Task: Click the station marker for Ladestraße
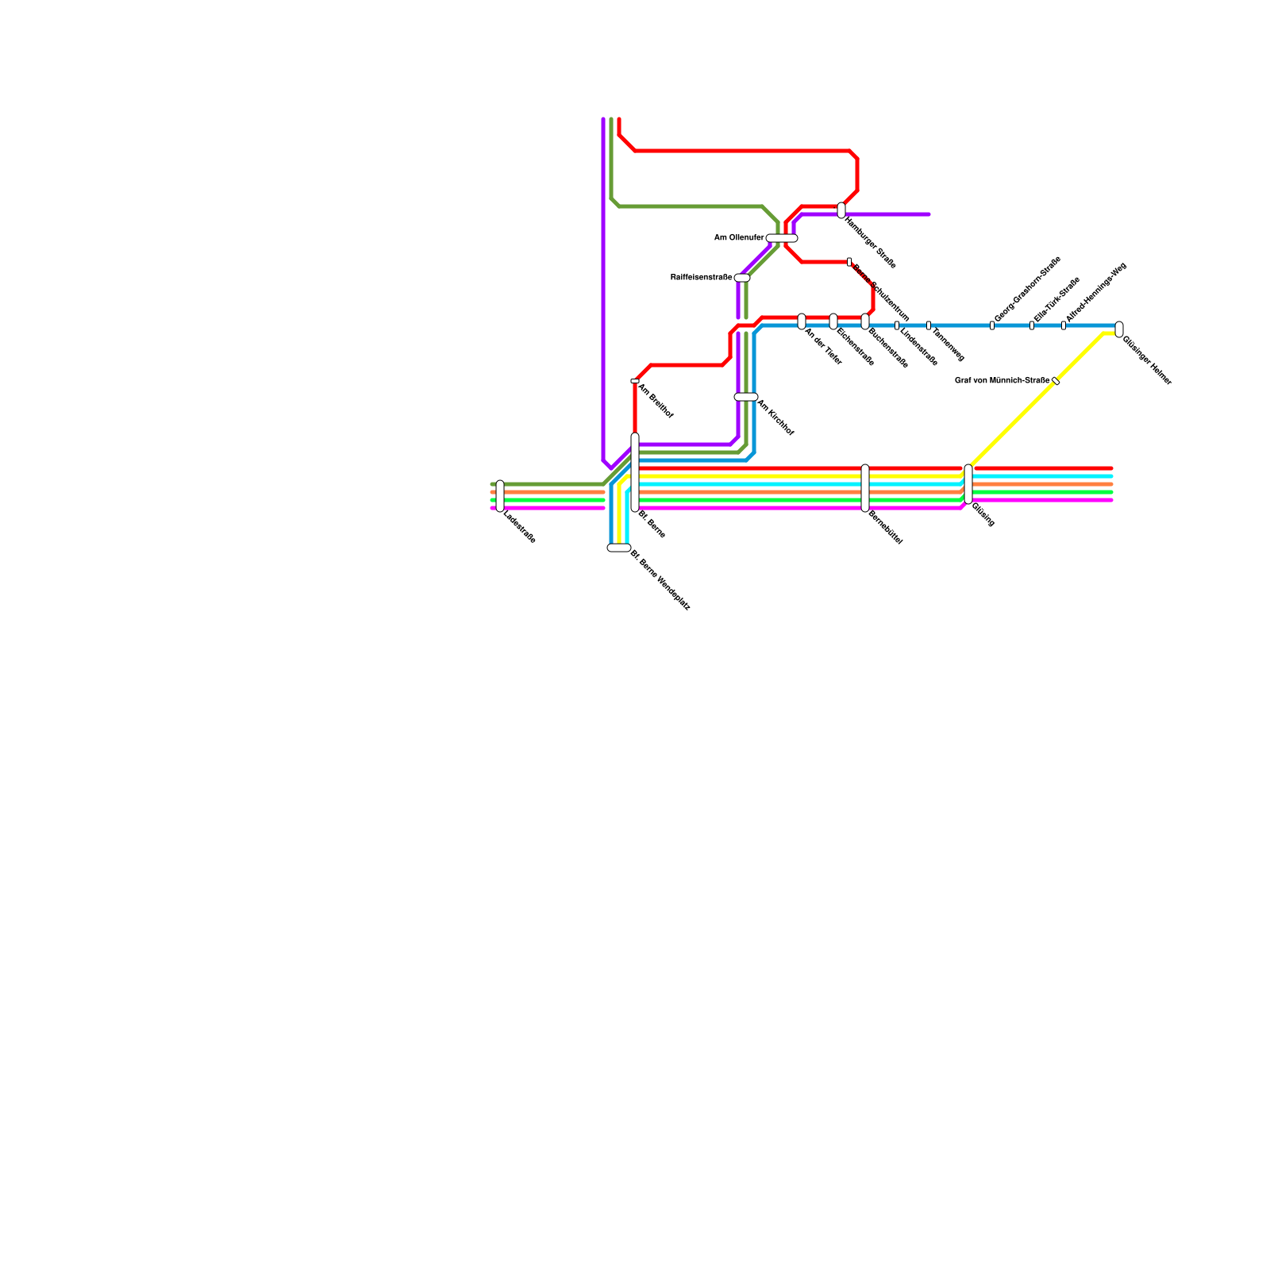coord(500,496)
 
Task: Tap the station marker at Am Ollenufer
coord(782,238)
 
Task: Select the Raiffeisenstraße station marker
coord(742,278)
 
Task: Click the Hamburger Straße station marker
coord(841,210)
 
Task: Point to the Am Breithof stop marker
coord(635,381)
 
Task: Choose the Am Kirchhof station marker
coord(746,397)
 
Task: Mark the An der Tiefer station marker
coord(802,321)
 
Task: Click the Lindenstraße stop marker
coord(897,325)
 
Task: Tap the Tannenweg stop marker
coord(929,325)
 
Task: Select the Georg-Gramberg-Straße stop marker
coord(992,325)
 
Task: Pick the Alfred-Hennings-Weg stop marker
coord(1064,325)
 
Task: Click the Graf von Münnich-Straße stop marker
coord(1056,381)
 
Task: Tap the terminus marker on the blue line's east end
coord(1119,329)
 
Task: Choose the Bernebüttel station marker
coord(865,488)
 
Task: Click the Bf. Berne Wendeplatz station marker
coord(619,548)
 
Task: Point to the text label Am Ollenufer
coord(739,237)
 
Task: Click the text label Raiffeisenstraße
coord(701,277)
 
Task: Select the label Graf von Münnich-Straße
coord(1002,380)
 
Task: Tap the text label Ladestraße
coord(520,529)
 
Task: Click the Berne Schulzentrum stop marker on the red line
coord(849,262)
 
